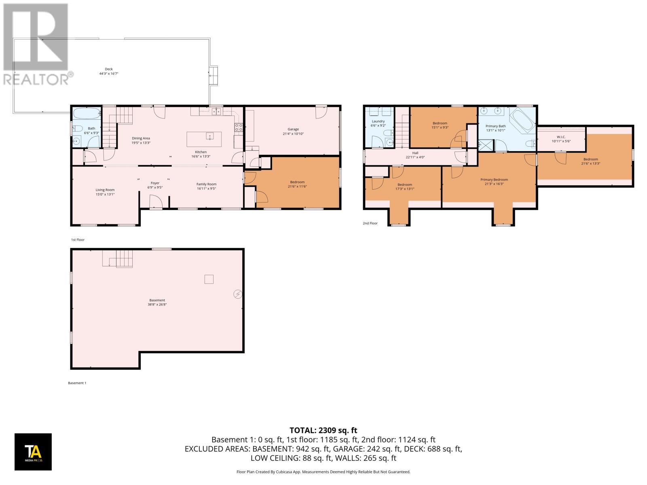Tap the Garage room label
pos(293,129)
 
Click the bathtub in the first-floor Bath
pos(86,114)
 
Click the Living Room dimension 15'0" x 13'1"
pos(105,194)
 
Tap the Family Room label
pos(206,184)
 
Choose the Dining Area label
pos(141,138)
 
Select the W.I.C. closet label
pos(561,137)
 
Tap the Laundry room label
pos(378,121)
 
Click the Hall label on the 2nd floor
pos(415,153)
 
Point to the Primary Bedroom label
pos(494,180)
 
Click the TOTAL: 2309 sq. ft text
pos(323,430)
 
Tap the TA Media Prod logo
pos(33,452)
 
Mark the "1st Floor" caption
pos(78,240)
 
